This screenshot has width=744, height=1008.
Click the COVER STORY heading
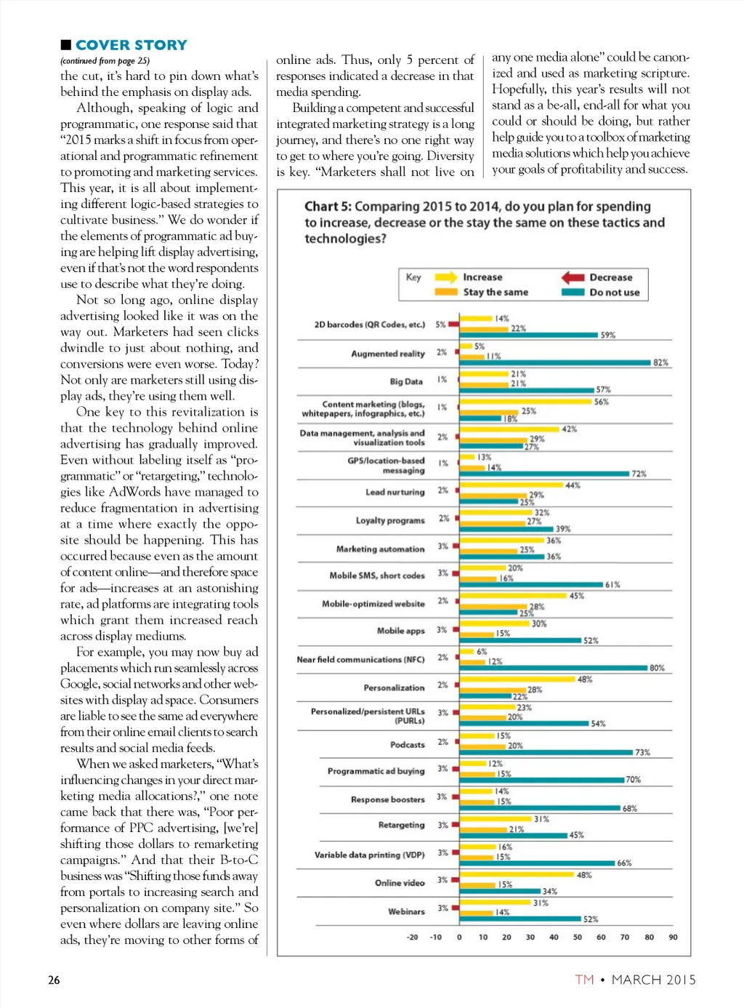click(x=131, y=45)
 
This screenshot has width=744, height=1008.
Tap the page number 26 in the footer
click(x=54, y=980)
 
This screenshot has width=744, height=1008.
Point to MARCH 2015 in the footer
click(x=653, y=980)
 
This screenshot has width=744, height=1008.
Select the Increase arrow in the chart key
click(x=445, y=277)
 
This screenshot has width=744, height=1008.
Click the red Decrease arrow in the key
click(x=573, y=277)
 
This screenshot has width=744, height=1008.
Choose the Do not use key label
click(x=614, y=292)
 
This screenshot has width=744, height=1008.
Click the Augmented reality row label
click(x=388, y=354)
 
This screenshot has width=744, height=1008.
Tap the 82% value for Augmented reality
click(x=660, y=363)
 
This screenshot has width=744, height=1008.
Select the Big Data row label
click(x=406, y=382)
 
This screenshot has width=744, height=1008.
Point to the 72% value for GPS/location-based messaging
click(x=639, y=474)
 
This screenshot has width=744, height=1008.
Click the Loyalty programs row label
click(x=390, y=520)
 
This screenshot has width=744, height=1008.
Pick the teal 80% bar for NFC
click(x=552, y=668)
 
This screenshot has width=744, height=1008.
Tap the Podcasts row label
click(x=408, y=745)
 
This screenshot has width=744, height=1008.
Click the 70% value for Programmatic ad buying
click(x=633, y=780)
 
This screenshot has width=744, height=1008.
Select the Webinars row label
click(x=406, y=911)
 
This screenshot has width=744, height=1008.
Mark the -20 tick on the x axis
click(x=412, y=938)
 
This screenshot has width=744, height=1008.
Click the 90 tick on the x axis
click(x=673, y=938)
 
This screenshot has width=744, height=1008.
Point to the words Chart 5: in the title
click(x=328, y=207)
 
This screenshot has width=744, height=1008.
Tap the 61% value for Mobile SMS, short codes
click(x=612, y=585)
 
